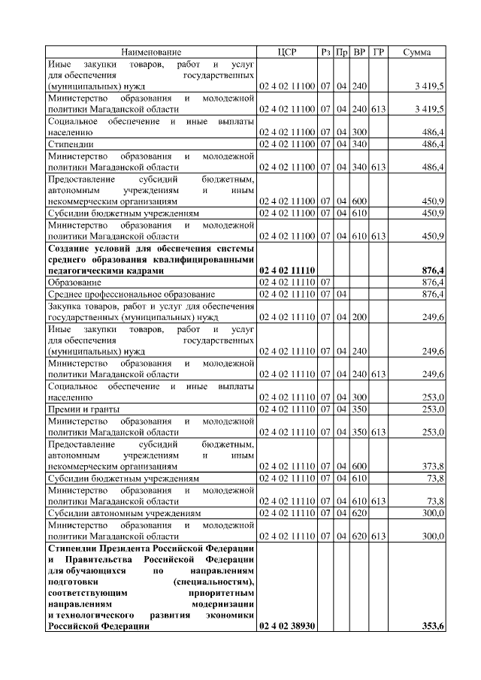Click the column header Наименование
[151, 52]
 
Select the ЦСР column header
[287, 52]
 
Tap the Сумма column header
[416, 52]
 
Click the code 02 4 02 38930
[287, 626]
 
